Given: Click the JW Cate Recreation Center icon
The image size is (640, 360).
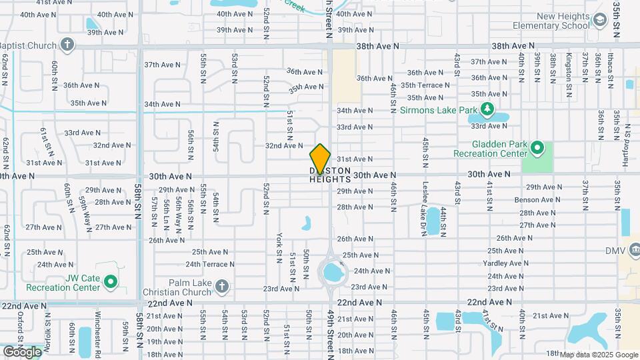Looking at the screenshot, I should [111, 282].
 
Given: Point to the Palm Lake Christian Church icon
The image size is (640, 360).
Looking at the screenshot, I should [222, 287].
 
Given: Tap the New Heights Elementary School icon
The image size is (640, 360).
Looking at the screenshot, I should [600, 21].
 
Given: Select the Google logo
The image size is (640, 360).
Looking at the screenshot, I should [21, 351].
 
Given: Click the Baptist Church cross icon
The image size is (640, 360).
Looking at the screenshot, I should [67, 45].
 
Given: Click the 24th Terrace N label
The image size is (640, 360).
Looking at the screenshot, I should [210, 264].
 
